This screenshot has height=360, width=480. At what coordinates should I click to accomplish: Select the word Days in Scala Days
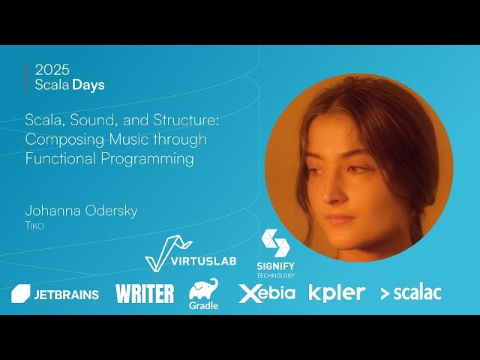click(88, 85)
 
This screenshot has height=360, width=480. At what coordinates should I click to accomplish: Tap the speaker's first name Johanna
click(52, 211)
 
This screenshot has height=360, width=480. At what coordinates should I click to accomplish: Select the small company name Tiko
click(34, 225)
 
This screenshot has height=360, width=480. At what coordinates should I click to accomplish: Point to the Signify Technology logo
click(275, 253)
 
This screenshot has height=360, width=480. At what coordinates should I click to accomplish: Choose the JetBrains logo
click(55, 294)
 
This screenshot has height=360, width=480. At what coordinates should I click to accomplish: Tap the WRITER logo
click(145, 293)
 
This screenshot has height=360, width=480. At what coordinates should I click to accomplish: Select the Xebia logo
click(267, 293)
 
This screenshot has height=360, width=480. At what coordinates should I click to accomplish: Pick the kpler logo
click(337, 292)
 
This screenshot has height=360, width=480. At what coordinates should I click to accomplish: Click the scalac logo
click(411, 293)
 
